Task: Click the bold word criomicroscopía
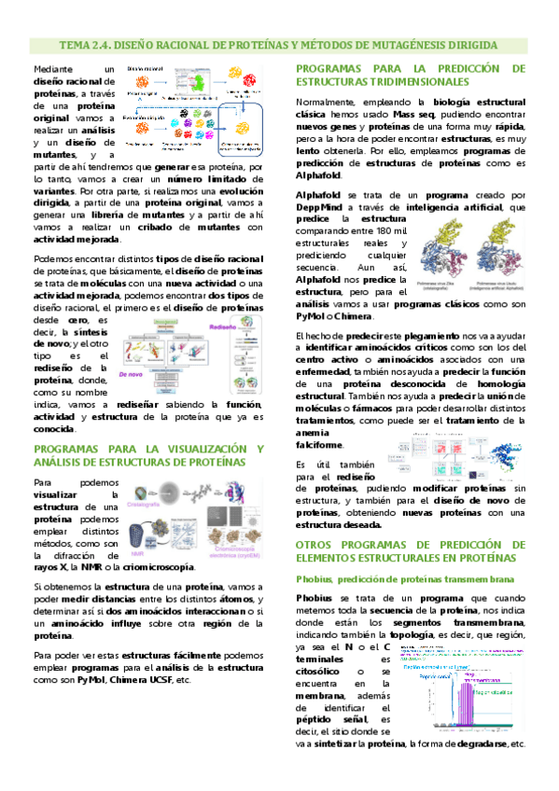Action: (x=154, y=566)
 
